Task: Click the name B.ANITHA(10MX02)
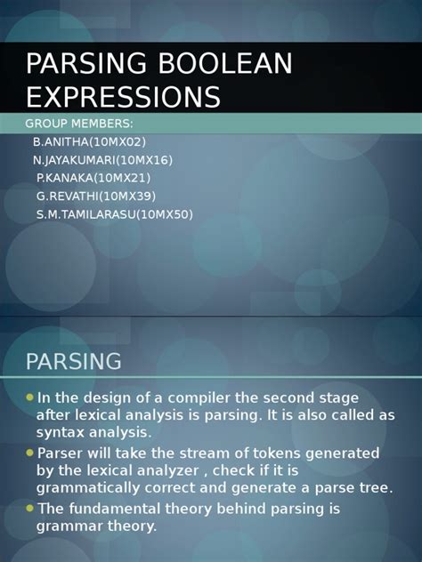point(89,141)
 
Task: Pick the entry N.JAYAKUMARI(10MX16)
point(102,160)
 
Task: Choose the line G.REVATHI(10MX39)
point(96,196)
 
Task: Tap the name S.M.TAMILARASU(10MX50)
point(114,214)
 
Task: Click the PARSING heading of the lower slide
point(73,361)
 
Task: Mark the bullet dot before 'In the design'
point(29,397)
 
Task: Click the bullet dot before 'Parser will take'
point(29,453)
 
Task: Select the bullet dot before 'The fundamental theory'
point(29,508)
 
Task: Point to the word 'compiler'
point(207,397)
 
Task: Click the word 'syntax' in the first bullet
point(59,433)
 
